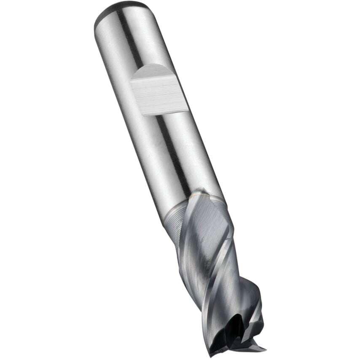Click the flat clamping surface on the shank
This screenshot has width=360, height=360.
coord(159,91)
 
